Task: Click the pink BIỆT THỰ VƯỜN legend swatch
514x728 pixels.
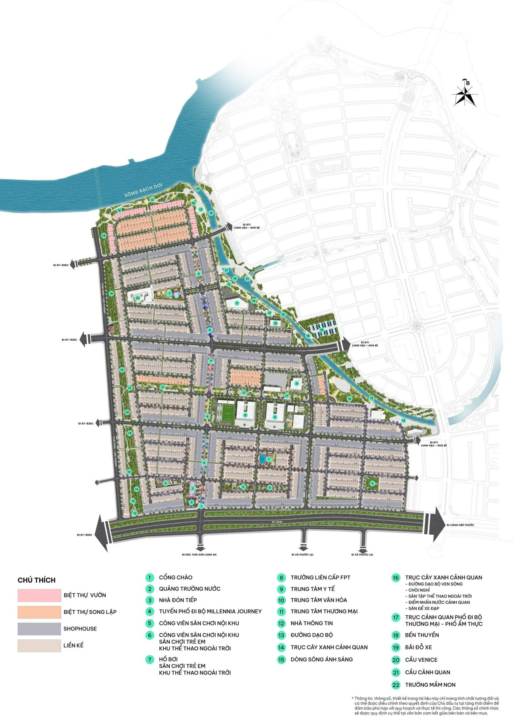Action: [39, 595]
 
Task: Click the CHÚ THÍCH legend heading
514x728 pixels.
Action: [36, 580]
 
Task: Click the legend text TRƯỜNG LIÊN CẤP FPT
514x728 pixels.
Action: [321, 577]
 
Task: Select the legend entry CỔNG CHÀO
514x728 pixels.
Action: [176, 577]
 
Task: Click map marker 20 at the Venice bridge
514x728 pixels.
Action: [198, 189]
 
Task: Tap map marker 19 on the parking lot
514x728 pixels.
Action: [321, 330]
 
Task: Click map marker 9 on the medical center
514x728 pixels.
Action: [297, 383]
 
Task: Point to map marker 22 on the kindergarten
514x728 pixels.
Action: [138, 298]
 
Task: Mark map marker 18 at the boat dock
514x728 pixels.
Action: [307, 336]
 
